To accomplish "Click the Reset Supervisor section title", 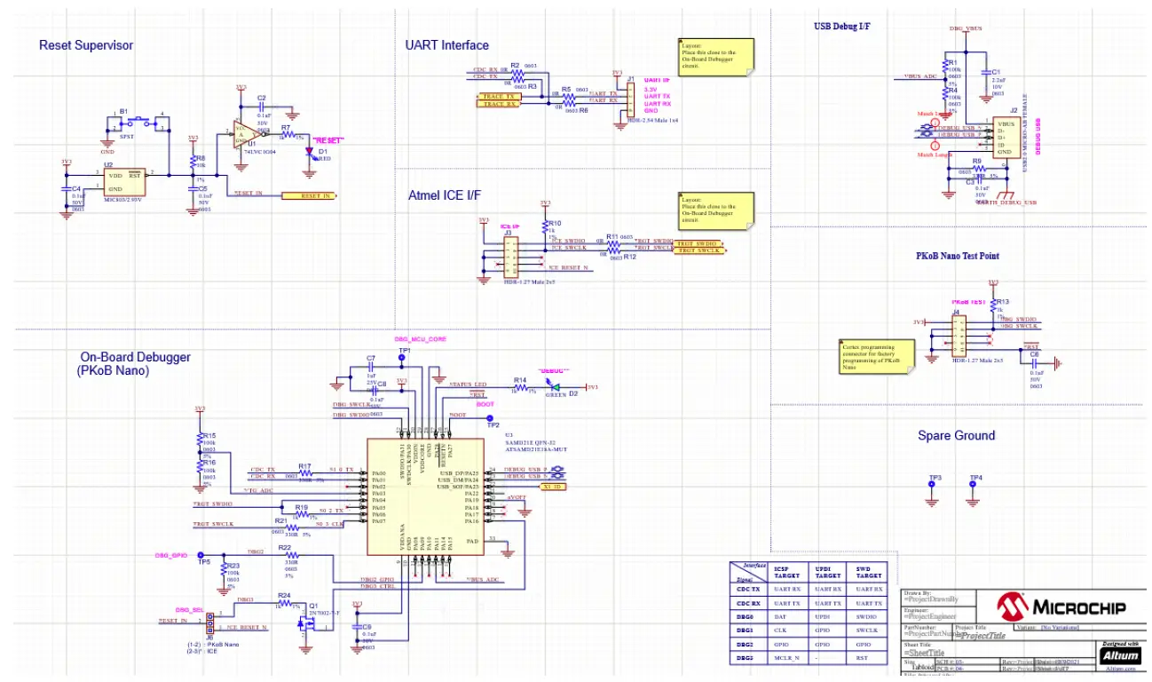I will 86,44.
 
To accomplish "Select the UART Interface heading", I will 447,44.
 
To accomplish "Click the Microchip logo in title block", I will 1060,607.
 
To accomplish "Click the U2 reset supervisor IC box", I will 124,182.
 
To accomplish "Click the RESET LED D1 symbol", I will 311,151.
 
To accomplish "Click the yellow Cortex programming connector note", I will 873,355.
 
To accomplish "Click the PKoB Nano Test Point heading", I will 957,256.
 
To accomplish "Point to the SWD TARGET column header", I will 863,572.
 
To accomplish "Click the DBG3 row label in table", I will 746,657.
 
